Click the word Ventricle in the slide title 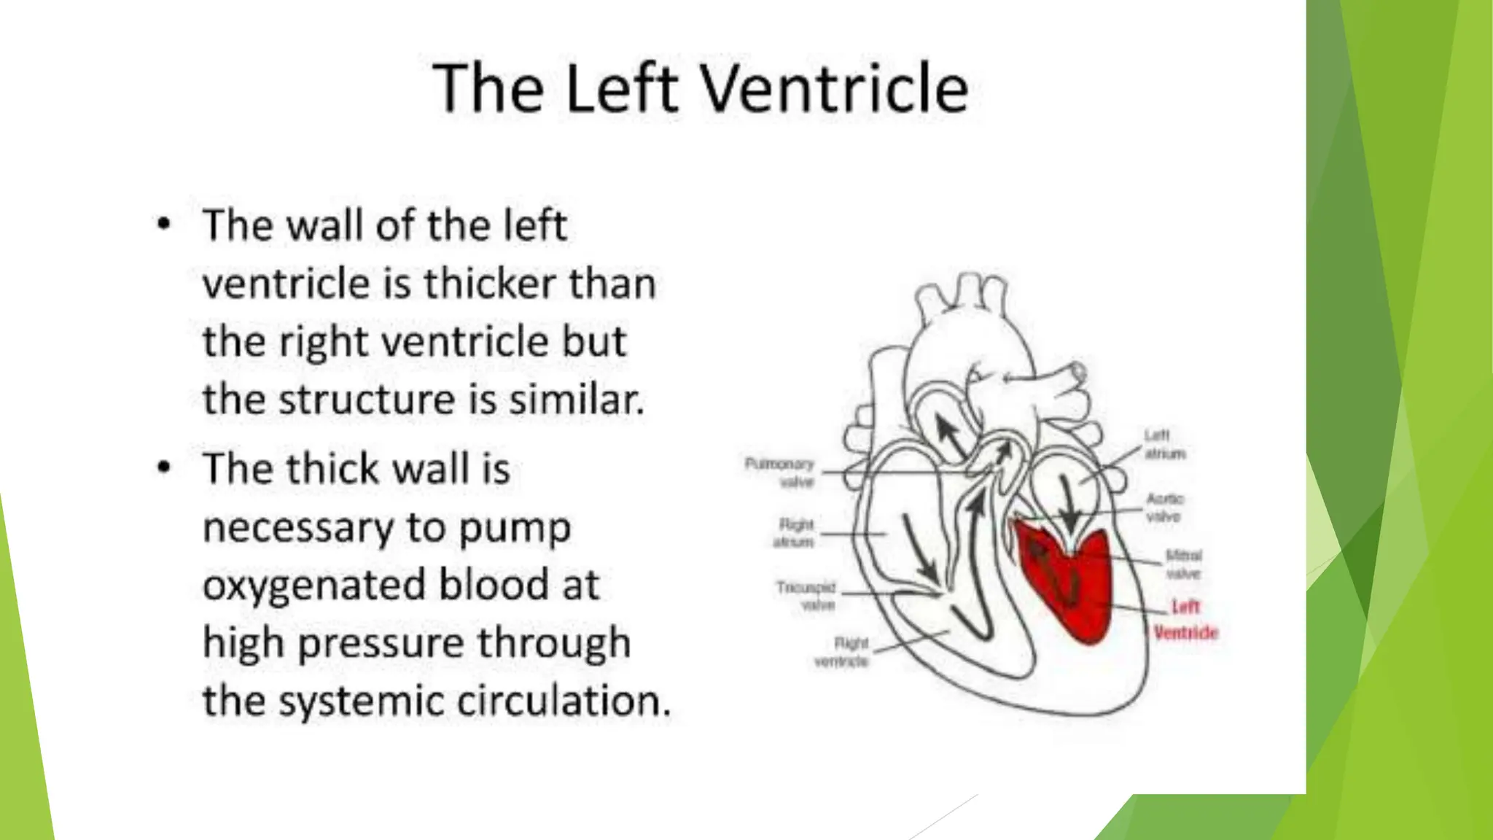[834, 88]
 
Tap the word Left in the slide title [621, 88]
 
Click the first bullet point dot [164, 223]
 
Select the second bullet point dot [164, 467]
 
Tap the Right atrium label [795, 533]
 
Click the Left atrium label [1163, 444]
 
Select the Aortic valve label [1164, 507]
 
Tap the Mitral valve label [1183, 564]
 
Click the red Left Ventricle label [1185, 620]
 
